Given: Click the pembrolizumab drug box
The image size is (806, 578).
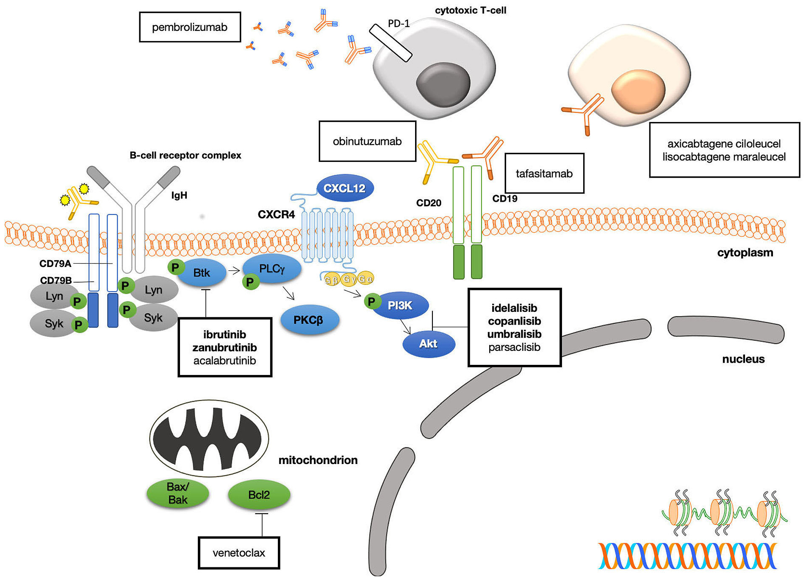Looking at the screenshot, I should pos(190,27).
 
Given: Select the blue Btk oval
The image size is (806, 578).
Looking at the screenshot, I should pos(202,273).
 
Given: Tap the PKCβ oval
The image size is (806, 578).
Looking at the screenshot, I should pos(310,320).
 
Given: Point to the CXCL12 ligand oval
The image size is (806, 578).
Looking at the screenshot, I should pos(345,188).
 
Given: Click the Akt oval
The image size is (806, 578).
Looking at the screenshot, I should pos(429,344).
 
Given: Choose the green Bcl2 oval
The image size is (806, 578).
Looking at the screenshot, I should pos(259,495).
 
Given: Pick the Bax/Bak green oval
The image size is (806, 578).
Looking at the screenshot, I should pos(178,493).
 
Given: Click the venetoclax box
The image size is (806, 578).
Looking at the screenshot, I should pos(239,553).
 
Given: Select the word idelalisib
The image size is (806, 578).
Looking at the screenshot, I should pos(514,308).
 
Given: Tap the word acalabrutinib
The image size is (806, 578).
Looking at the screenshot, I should pos(224,361).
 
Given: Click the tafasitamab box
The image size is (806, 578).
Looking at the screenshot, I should pos(544,173).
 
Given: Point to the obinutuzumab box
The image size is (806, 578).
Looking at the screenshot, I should pos(367,141).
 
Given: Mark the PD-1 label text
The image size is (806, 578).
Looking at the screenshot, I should pos(399,24).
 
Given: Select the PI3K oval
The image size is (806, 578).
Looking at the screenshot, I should pos(400,306).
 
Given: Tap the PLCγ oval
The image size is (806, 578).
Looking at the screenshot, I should pos(272,269).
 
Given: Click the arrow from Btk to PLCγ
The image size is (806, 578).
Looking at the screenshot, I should pos(234,270).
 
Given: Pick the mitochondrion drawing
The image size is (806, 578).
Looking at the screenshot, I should pos(209,438).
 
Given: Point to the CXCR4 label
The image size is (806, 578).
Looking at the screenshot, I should pos(276,214).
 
